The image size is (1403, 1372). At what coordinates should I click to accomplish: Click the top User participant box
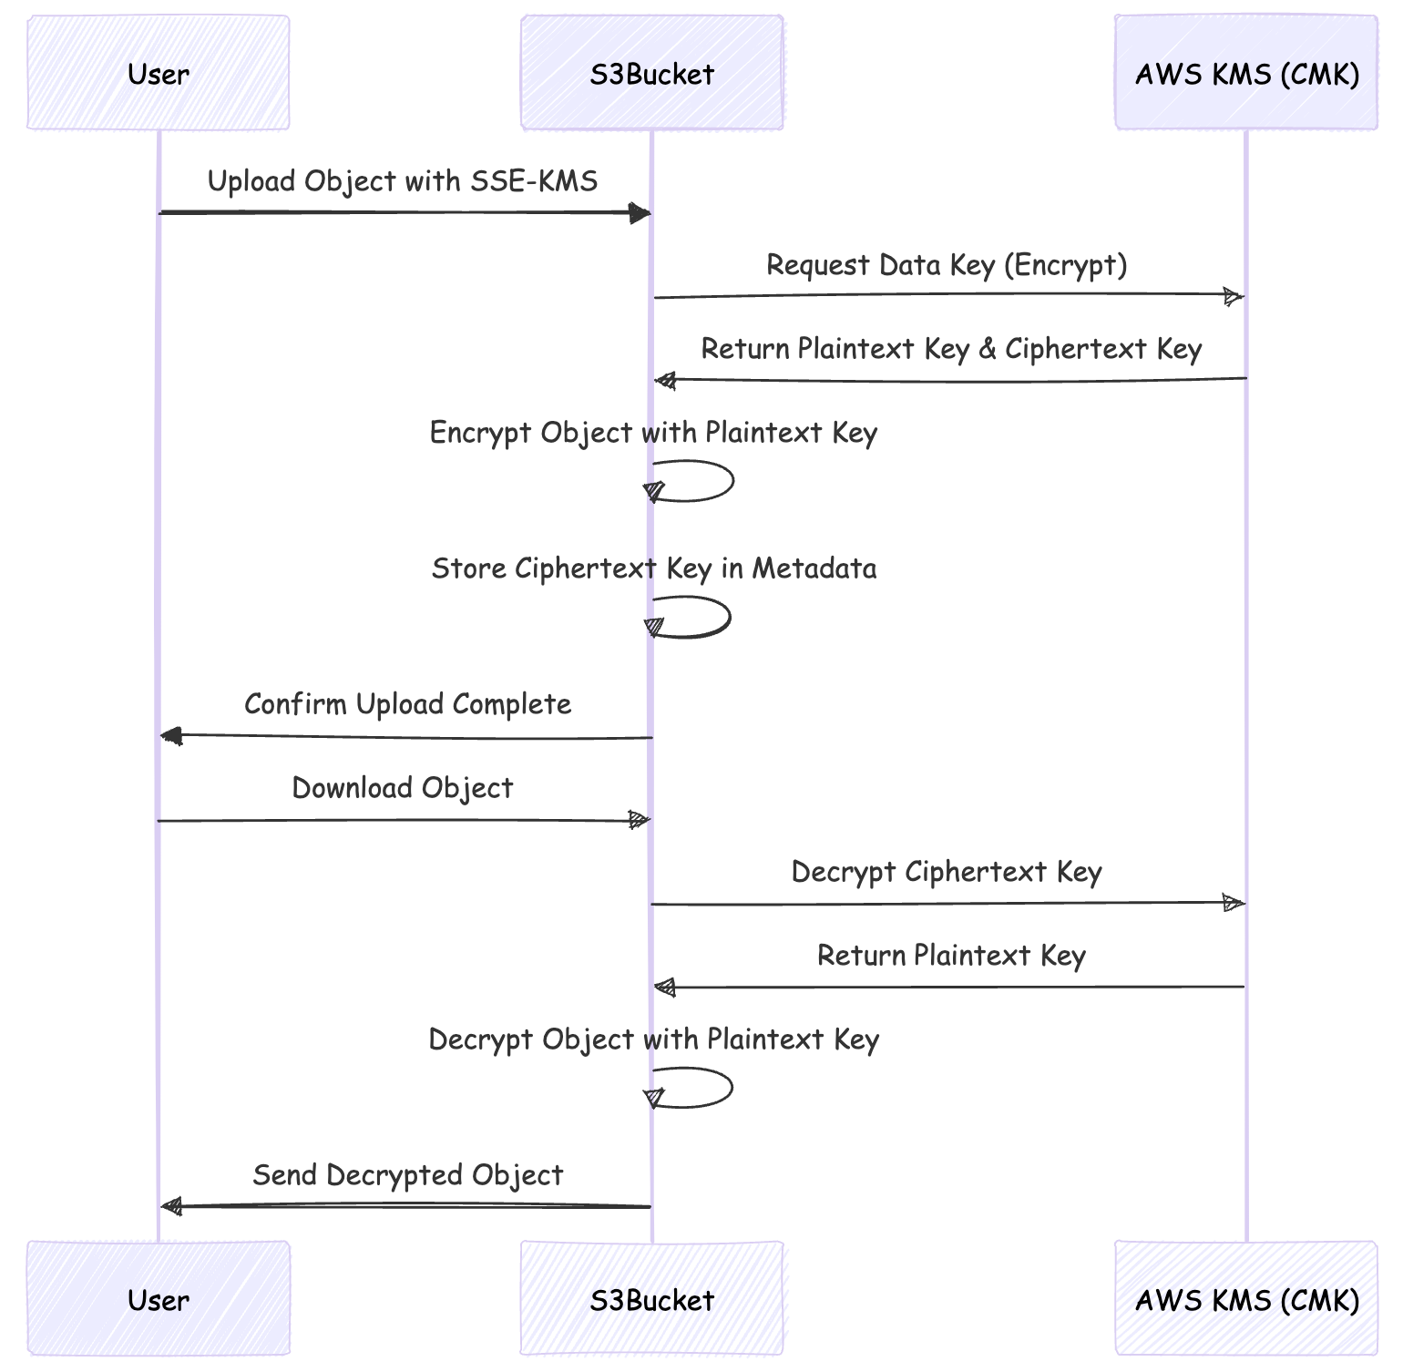point(159,73)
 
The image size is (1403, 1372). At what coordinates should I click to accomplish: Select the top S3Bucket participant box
point(651,73)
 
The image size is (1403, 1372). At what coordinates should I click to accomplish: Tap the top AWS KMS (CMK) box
point(1246,73)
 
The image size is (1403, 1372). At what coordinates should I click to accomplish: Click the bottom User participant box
point(159,1298)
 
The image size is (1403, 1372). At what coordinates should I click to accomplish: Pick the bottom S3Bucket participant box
point(651,1298)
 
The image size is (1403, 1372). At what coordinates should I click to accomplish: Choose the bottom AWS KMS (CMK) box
point(1246,1298)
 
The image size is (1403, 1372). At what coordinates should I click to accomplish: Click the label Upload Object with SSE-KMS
point(403,181)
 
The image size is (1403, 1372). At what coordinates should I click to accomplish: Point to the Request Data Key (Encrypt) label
point(947,265)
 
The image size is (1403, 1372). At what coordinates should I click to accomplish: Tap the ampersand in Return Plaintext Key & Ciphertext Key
point(988,349)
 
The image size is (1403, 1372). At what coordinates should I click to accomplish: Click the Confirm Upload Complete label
point(407,704)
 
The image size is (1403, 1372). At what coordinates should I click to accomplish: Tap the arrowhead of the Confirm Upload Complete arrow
point(171,736)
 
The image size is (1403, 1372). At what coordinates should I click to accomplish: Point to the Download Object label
point(402,788)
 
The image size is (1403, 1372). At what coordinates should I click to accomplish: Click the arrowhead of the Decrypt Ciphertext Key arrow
point(1233,904)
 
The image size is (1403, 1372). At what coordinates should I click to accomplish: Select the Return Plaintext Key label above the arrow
point(950,956)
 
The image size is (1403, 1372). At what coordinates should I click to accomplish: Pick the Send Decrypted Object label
point(407,1175)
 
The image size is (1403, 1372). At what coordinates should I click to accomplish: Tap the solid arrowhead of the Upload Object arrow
point(640,213)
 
